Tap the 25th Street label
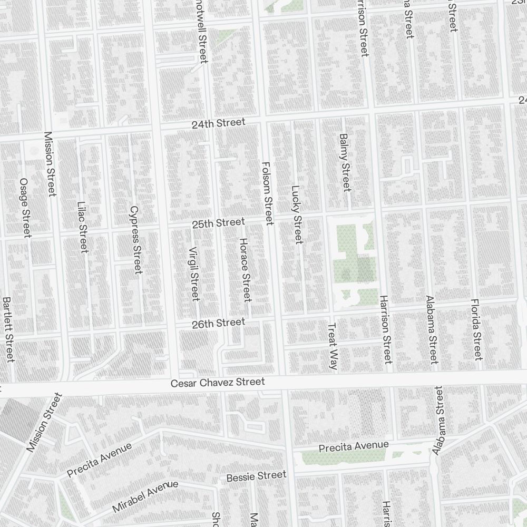[x=218, y=223]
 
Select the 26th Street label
[x=218, y=323]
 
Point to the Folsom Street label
[x=267, y=193]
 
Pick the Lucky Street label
[x=297, y=214]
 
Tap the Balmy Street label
[x=345, y=162]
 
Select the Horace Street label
[x=245, y=269]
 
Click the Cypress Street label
[x=135, y=239]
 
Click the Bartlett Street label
[x=8, y=329]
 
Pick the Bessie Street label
[x=256, y=476]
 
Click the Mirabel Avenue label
[x=145, y=496]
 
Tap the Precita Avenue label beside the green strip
[x=354, y=446]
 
